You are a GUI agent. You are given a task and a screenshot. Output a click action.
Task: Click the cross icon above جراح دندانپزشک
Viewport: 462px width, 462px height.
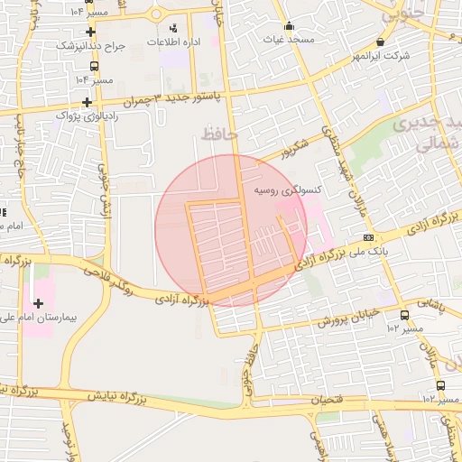(91, 32)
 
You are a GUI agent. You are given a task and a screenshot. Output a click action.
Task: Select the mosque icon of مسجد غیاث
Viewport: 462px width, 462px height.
(289, 26)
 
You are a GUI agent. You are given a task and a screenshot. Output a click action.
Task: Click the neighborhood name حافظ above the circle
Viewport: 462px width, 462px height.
(217, 134)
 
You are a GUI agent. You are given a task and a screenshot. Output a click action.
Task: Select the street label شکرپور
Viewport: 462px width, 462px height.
(294, 150)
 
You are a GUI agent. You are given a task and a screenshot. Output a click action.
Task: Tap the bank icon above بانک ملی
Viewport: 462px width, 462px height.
(367, 236)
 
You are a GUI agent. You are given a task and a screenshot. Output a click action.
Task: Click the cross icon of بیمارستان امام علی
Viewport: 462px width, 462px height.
(37, 303)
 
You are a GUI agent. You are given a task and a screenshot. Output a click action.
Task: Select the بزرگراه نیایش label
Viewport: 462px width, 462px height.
(123, 397)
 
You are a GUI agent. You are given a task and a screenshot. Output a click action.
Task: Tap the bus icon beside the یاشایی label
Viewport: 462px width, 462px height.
(403, 315)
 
